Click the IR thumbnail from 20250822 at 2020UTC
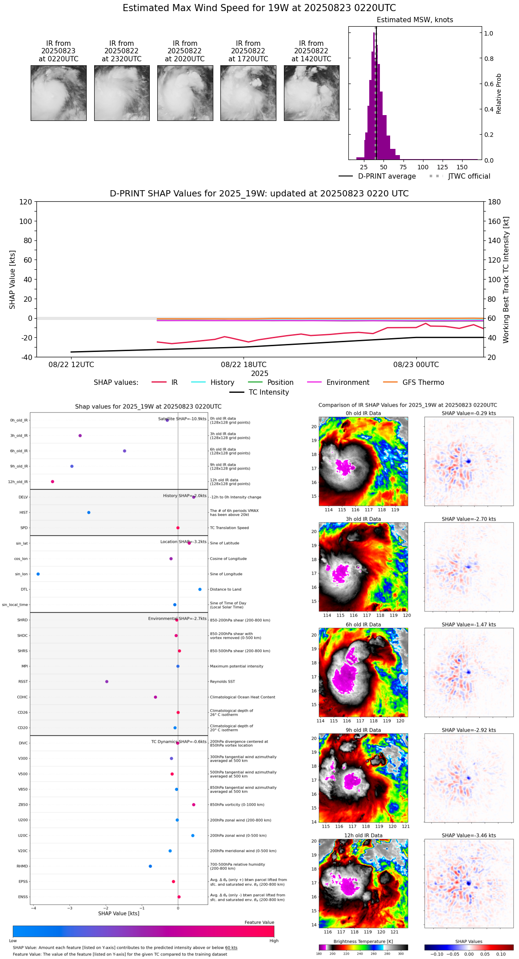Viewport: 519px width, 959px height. click(185, 93)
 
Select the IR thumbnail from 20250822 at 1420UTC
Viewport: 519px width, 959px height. click(311, 93)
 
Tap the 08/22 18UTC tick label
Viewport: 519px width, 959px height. click(244, 364)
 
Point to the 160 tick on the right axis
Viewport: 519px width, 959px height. click(495, 221)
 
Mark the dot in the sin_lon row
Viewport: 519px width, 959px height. click(38, 574)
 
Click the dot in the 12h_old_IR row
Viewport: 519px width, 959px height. click(52, 482)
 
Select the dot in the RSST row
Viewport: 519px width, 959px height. click(107, 682)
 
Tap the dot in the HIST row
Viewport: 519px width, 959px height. click(89, 512)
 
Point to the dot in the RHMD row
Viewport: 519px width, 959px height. click(150, 866)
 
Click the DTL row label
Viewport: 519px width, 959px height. click(24, 590)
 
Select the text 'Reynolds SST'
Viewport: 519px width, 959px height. click(222, 682)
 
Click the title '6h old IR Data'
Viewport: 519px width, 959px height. click(363, 624)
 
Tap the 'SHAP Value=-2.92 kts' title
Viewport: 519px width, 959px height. click(469, 730)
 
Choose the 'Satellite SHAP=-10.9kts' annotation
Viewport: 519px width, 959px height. click(182, 419)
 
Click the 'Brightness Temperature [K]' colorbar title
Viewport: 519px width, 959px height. click(363, 941)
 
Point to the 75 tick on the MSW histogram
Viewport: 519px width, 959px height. click(403, 167)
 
